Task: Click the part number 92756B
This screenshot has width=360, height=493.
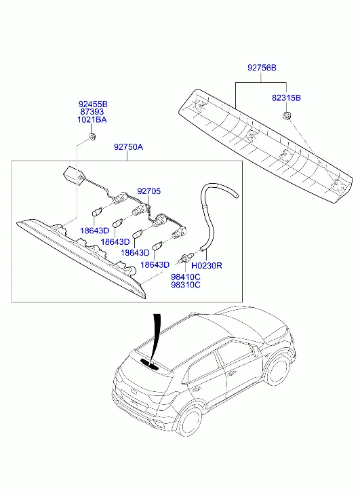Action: click(x=262, y=68)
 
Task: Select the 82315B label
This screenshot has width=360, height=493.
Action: click(x=286, y=98)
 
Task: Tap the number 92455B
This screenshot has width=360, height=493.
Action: click(x=93, y=104)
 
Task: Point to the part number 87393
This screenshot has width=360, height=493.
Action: click(x=92, y=112)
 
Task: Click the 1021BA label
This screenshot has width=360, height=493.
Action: click(x=92, y=120)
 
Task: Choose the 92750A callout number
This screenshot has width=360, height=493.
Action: click(x=128, y=147)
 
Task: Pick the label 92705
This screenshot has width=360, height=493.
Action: click(x=148, y=191)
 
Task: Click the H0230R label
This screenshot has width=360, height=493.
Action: click(x=207, y=266)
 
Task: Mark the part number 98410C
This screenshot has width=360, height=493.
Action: click(x=186, y=277)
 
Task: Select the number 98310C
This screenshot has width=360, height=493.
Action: click(x=186, y=285)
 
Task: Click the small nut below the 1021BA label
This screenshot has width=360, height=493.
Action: click(x=92, y=137)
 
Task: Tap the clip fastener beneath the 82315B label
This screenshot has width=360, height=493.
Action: click(x=286, y=115)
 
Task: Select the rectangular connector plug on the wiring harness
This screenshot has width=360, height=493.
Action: click(x=71, y=174)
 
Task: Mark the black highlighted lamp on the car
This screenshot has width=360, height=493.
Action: click(x=150, y=363)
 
